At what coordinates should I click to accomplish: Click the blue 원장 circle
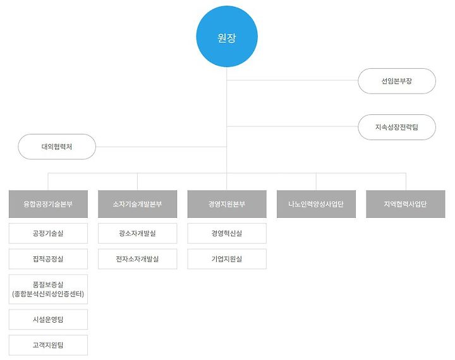pos(227,37)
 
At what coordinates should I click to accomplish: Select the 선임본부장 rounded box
pos(396,81)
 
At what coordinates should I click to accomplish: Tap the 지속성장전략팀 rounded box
pos(396,127)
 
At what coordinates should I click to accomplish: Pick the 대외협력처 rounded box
pos(57,147)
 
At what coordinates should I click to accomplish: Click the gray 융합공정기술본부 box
pos(48,204)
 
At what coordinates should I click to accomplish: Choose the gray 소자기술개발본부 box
pos(137,204)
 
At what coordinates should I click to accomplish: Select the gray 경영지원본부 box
pos(227,204)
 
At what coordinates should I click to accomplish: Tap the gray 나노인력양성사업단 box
pos(316,204)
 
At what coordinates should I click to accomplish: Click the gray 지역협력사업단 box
pos(405,204)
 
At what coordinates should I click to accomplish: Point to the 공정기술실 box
pos(48,234)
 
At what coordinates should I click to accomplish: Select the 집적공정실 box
pos(48,259)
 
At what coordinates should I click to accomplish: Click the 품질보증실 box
pos(48,289)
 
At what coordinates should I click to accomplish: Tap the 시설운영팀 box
pos(48,320)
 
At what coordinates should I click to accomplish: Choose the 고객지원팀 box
pos(48,345)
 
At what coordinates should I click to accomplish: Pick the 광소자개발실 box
pos(137,234)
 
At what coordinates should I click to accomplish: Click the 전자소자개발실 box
pos(137,259)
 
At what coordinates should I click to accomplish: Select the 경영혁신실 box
pos(227,234)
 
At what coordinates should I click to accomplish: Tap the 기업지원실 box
pos(227,259)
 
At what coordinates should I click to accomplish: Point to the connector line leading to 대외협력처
pos(161,147)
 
